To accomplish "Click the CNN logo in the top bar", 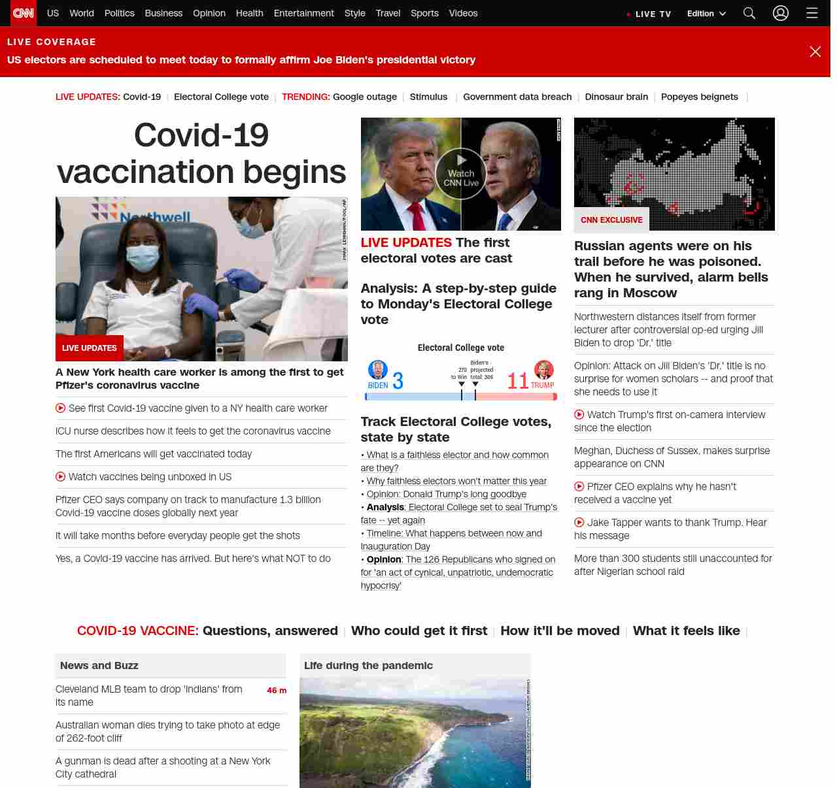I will point(24,13).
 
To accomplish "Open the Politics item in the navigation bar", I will point(119,13).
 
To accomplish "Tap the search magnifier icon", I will point(749,13).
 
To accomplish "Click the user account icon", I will point(781,13).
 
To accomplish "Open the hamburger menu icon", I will point(812,13).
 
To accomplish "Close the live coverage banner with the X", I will point(815,52).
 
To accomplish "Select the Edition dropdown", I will point(706,13).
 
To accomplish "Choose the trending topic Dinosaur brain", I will point(616,97).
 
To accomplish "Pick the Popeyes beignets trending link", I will point(699,97).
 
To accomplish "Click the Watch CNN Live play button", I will point(461,173).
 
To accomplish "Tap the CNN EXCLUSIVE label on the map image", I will point(611,220).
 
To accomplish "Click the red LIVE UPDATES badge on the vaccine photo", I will point(90,348).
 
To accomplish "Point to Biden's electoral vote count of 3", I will point(398,380).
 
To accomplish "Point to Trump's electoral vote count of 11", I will point(518,380).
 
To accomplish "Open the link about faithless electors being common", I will point(457,455).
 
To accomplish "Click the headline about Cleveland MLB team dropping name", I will point(149,695).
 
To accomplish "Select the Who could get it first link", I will point(419,631).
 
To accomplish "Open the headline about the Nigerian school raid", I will point(673,565).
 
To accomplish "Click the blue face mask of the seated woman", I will point(143,257).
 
